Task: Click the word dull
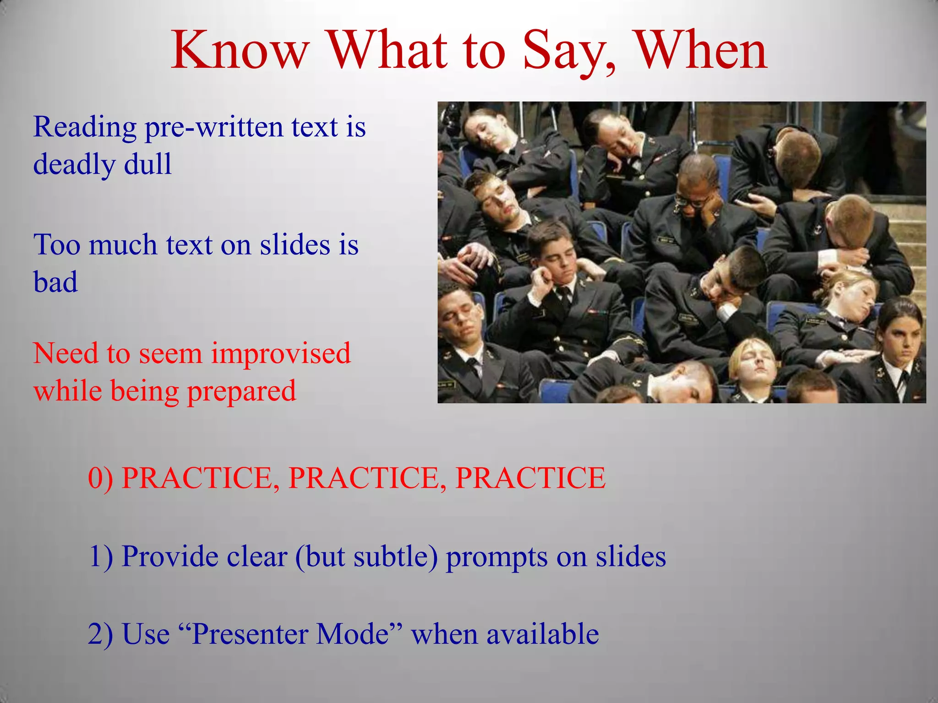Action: click(148, 164)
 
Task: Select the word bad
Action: click(55, 282)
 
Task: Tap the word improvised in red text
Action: click(281, 354)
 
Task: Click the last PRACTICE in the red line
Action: click(530, 478)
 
